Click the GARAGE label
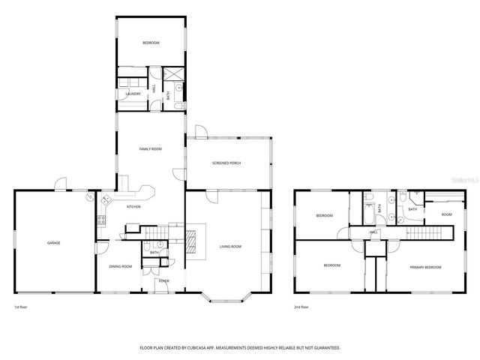(54, 243)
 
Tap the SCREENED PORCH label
(226, 163)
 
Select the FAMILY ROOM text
(151, 149)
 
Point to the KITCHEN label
(134, 207)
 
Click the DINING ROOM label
(121, 266)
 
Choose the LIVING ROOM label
(230, 247)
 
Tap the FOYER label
(163, 281)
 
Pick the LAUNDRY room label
(134, 94)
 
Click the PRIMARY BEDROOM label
(425, 267)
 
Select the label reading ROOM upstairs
(446, 214)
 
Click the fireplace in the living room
(192, 242)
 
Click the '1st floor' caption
(21, 307)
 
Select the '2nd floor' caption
(301, 307)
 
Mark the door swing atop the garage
(60, 183)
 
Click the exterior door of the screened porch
(200, 132)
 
